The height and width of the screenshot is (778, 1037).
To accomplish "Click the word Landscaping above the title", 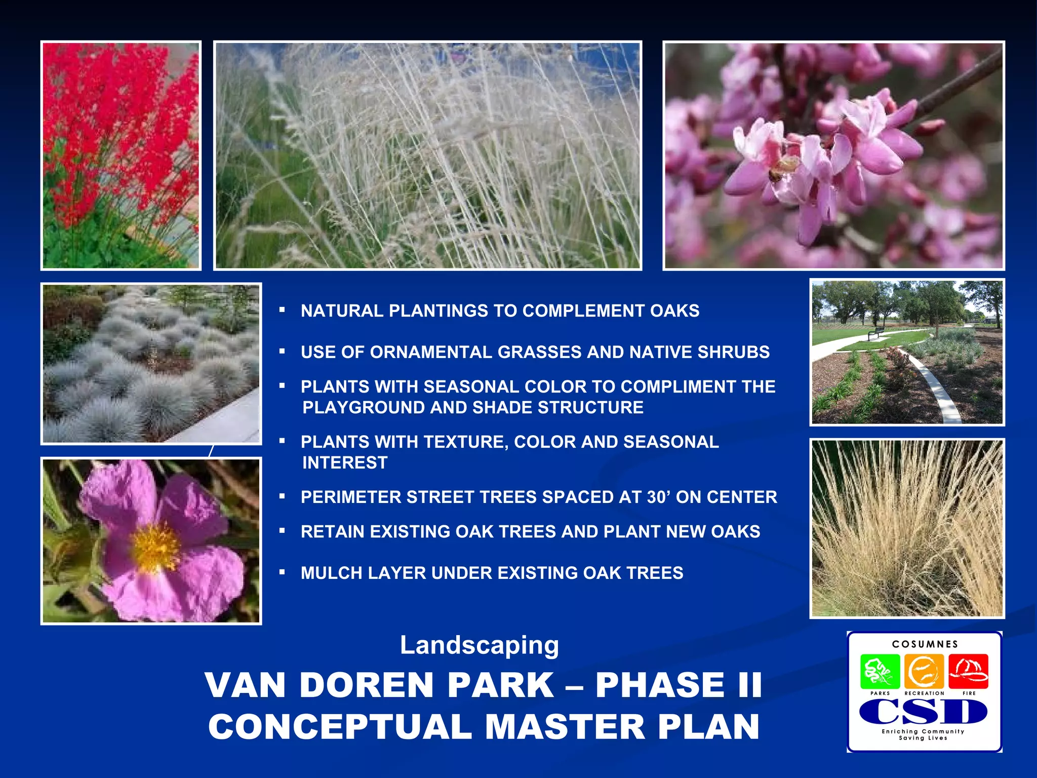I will (x=479, y=646).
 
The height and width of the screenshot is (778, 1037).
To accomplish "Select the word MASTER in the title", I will (x=565, y=727).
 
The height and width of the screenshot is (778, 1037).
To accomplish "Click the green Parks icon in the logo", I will (x=880, y=671).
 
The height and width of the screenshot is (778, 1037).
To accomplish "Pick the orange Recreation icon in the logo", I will (x=924, y=671).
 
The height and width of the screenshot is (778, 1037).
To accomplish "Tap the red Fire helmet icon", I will (x=968, y=670).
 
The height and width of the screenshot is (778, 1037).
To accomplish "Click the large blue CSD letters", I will (x=923, y=712).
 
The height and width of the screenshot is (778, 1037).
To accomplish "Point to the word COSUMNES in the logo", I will (x=925, y=644).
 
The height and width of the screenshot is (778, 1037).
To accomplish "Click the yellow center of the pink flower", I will (x=156, y=546).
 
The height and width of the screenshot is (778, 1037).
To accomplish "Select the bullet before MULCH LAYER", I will (x=283, y=572).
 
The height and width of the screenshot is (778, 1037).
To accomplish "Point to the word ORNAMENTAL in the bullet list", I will (x=431, y=352).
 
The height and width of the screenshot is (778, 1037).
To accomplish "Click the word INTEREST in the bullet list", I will (x=345, y=462).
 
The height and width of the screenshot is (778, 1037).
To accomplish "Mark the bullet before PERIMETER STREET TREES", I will (x=283, y=496).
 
